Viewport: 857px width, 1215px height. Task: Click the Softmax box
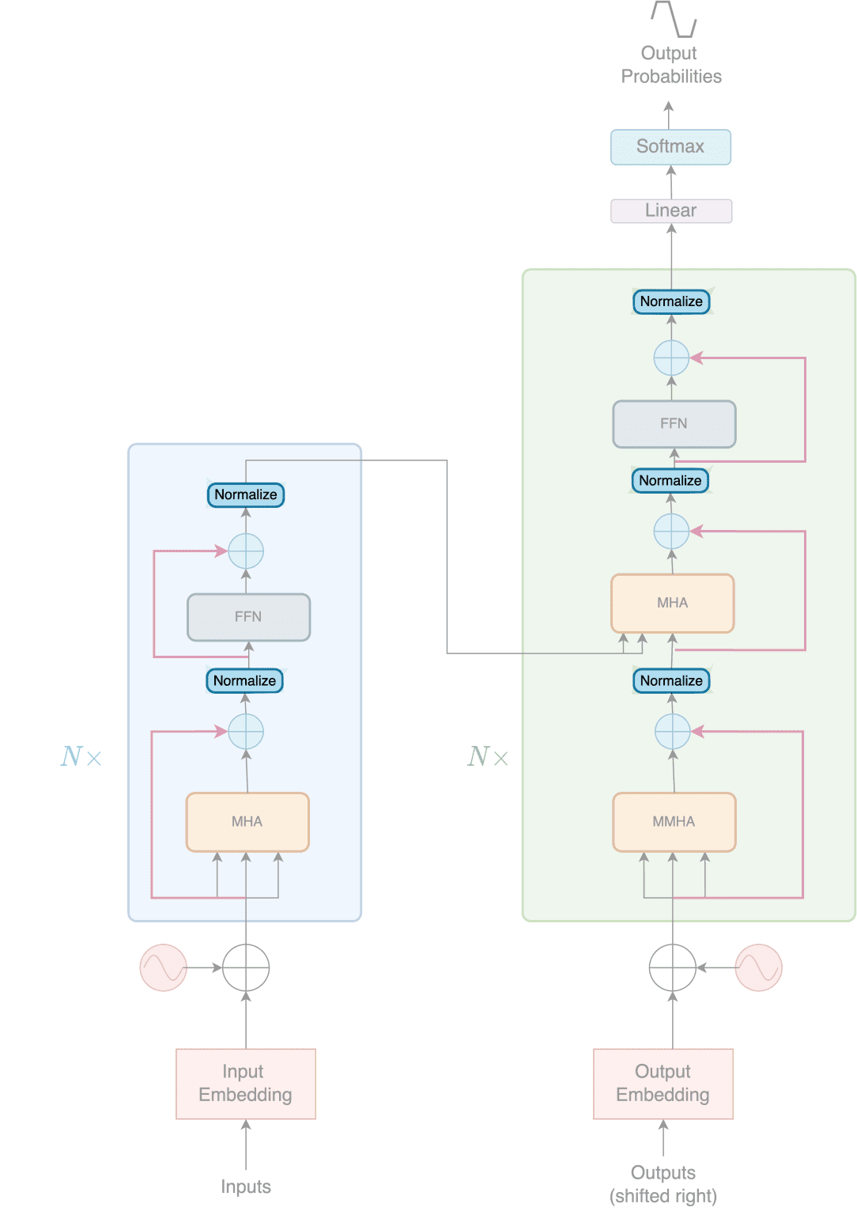(670, 147)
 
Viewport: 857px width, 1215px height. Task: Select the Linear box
(670, 210)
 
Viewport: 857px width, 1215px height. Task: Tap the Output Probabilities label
(670, 65)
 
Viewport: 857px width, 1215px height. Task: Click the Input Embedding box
(246, 1083)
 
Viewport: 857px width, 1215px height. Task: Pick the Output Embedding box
(663, 1083)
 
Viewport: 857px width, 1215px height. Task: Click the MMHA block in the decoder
(674, 822)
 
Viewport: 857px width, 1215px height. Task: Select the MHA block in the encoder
(247, 822)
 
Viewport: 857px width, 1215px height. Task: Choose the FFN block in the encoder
(248, 617)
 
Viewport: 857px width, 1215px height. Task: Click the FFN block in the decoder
(674, 424)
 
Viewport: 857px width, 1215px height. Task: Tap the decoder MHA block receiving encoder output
(672, 603)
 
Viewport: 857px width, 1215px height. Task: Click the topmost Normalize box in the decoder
(670, 301)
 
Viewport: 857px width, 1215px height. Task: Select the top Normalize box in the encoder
(245, 494)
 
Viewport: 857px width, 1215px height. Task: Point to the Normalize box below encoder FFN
(244, 680)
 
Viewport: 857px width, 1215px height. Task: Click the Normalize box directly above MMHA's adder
(670, 680)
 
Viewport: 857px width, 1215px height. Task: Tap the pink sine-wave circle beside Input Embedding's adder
(163, 967)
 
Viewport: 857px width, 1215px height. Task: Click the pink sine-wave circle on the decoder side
(758, 967)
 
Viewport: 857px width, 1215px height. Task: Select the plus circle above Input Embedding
(246, 967)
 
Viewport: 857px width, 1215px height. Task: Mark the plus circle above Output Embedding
(672, 967)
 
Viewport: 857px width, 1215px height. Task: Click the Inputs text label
(246, 1187)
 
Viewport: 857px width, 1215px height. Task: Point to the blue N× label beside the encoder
(81, 757)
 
